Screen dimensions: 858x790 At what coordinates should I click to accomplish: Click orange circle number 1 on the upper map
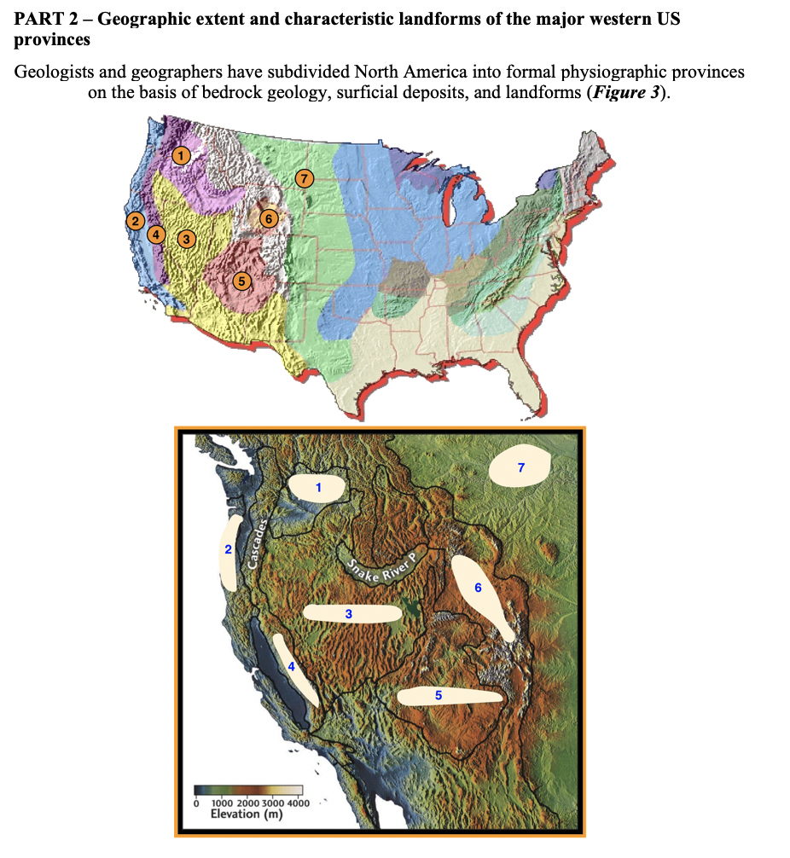(x=180, y=155)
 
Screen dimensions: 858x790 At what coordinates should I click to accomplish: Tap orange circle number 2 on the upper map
(x=135, y=221)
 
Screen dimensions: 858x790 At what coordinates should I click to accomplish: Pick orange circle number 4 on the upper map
(x=156, y=234)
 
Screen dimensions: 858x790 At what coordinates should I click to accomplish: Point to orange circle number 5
(x=241, y=280)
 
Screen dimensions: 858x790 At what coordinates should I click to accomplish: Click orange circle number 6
(x=269, y=218)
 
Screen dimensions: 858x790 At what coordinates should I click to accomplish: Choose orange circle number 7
(x=303, y=178)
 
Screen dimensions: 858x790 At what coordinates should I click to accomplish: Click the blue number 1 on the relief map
(x=318, y=488)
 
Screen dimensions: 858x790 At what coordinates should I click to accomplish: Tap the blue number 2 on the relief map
(x=228, y=550)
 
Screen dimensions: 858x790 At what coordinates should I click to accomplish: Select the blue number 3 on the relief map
(x=348, y=613)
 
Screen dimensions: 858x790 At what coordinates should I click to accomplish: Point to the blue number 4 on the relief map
(x=291, y=667)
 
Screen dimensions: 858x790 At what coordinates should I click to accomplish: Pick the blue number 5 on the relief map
(x=439, y=696)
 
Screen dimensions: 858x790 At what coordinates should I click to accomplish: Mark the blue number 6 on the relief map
(x=478, y=588)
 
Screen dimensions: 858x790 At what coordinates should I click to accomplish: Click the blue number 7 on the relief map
(x=521, y=467)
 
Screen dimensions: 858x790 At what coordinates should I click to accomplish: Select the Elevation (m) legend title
(x=247, y=814)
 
